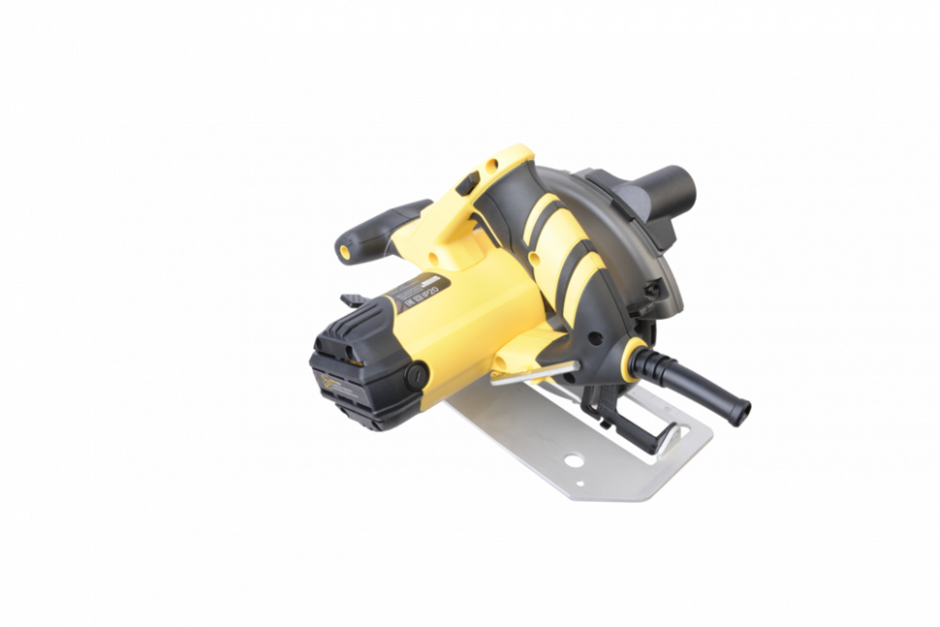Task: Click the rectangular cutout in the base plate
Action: [669, 440]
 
